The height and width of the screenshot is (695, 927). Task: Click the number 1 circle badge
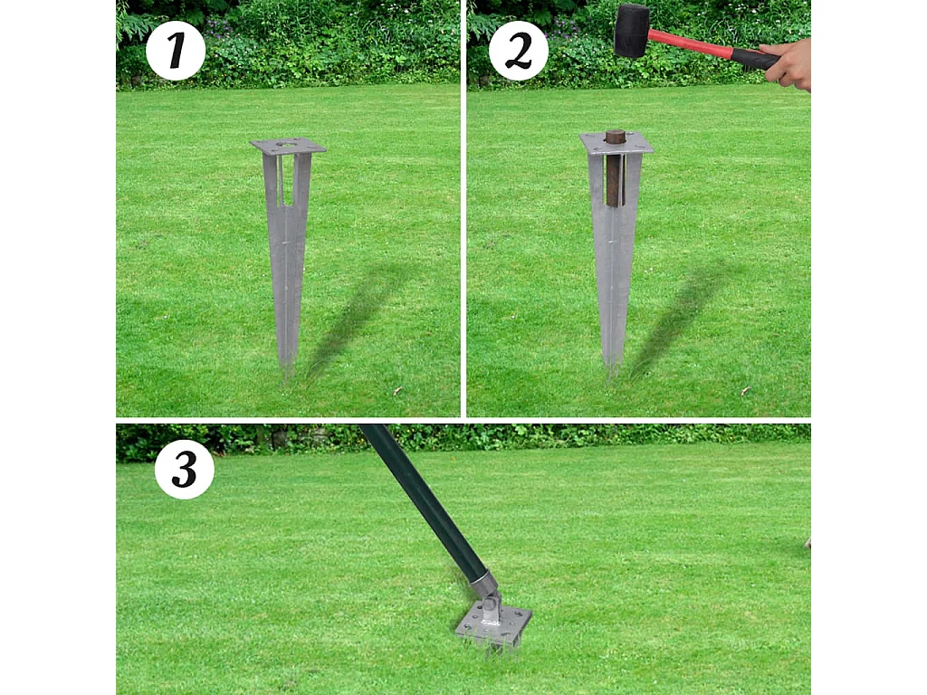176,51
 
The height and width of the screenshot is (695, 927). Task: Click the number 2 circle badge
519,51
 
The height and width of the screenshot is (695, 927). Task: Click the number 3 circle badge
185,469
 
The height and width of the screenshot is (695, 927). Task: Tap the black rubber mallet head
632,30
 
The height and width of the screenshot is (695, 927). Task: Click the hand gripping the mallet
788,64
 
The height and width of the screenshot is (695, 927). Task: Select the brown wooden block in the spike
615,172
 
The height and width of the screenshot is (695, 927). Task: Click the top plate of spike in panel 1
288,146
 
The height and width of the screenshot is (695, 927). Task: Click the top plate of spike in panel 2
616,143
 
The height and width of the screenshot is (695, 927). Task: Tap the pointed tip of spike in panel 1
287,367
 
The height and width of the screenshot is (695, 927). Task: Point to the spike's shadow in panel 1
353,317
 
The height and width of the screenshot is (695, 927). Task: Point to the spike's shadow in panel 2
679,317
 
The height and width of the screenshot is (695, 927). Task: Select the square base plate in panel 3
493,624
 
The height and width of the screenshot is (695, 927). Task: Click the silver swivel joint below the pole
487,593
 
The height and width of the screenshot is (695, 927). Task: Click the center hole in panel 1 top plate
288,144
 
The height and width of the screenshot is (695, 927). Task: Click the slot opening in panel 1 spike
287,181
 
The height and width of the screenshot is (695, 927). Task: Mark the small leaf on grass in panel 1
397,391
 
